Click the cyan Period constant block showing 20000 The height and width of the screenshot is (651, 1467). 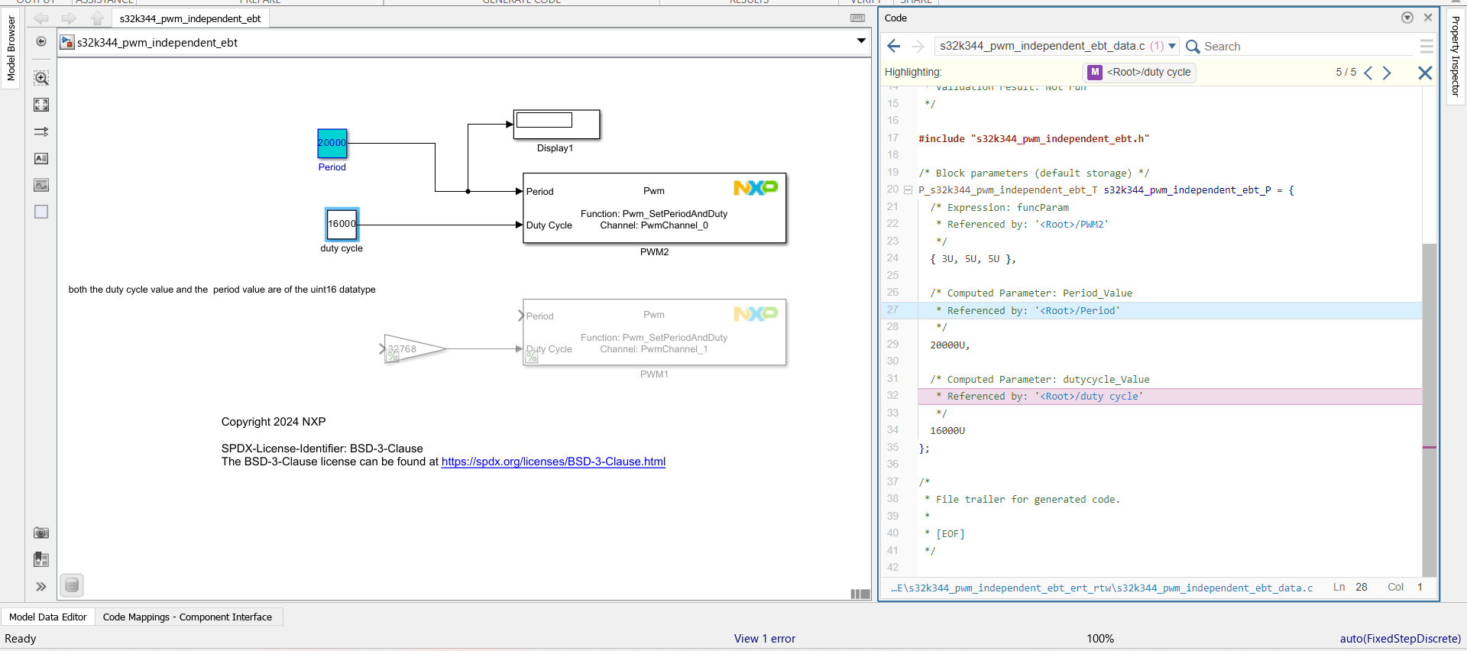click(332, 143)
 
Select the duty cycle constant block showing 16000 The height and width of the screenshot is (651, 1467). click(342, 224)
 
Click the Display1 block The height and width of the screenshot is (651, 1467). click(556, 124)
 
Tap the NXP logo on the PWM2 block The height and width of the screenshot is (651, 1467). click(755, 187)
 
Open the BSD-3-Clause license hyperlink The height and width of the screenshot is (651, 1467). click(553, 462)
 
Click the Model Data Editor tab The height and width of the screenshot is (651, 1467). click(47, 617)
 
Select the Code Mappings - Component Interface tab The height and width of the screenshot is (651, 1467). click(187, 617)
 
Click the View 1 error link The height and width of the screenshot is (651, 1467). click(764, 639)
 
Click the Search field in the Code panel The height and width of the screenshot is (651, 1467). click(1299, 47)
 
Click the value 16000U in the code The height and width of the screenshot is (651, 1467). click(947, 431)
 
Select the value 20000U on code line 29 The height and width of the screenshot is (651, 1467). click(949, 345)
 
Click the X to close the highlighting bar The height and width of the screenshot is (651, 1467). click(1425, 73)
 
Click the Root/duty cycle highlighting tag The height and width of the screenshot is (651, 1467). click(1140, 72)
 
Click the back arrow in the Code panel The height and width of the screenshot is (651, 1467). click(894, 47)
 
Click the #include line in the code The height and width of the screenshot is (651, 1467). click(1033, 139)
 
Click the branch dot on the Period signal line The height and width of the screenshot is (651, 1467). click(468, 191)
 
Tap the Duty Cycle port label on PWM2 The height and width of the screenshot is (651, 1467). click(549, 225)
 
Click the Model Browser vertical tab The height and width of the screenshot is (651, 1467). click(11, 48)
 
